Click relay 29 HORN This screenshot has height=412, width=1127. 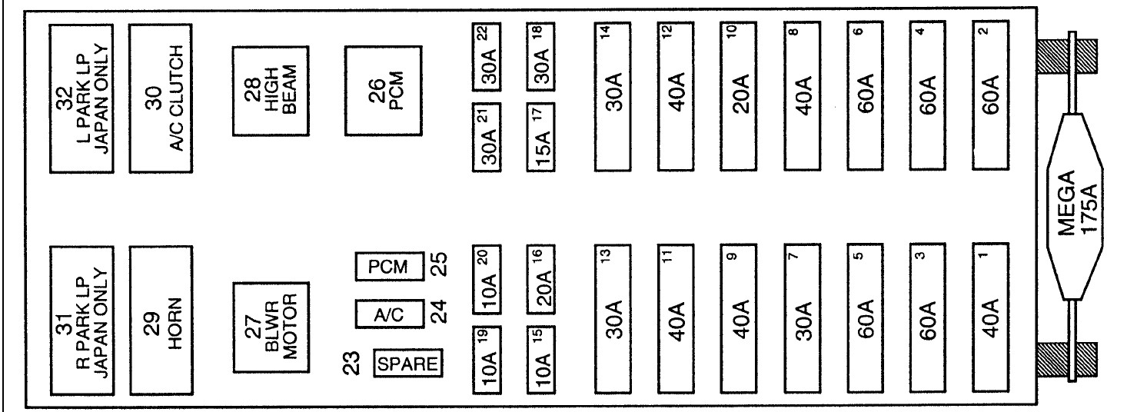pos(158,320)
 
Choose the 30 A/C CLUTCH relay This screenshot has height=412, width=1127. pos(158,98)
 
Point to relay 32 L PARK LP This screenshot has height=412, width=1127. pos(82,98)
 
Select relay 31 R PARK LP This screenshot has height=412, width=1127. pos(82,320)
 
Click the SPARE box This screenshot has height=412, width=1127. pos(407,363)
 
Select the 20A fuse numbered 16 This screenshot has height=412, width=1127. pos(543,280)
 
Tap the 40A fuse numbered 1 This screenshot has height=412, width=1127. pos(991,319)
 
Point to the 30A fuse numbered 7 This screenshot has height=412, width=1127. pos(803,319)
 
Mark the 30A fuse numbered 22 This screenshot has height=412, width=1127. pos(487,56)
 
